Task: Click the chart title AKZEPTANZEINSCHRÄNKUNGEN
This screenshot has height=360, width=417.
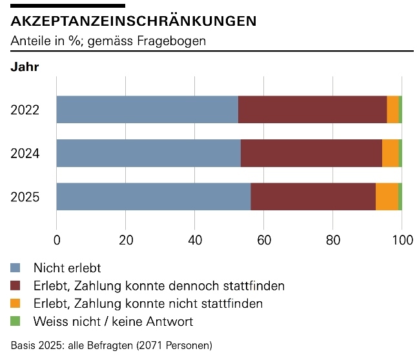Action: pyautogui.click(x=134, y=21)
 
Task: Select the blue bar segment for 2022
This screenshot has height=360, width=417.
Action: pyautogui.click(x=147, y=110)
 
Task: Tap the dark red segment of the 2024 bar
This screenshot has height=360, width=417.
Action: pyautogui.click(x=311, y=153)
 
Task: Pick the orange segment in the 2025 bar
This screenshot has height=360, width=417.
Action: pyautogui.click(x=387, y=197)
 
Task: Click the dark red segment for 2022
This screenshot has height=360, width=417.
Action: pyautogui.click(x=312, y=110)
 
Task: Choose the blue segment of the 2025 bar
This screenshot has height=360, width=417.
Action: pyautogui.click(x=154, y=197)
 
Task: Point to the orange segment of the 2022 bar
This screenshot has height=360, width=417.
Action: pyautogui.click(x=392, y=110)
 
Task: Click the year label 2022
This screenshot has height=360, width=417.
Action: pyautogui.click(x=25, y=110)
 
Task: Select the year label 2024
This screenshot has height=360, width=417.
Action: pyautogui.click(x=25, y=154)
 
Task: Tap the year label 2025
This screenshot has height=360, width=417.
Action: pyautogui.click(x=25, y=197)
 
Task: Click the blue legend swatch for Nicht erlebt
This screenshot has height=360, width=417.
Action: pyautogui.click(x=16, y=267)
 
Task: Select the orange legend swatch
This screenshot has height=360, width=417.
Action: pyautogui.click(x=16, y=303)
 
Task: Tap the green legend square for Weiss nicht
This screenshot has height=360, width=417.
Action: pyautogui.click(x=16, y=321)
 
